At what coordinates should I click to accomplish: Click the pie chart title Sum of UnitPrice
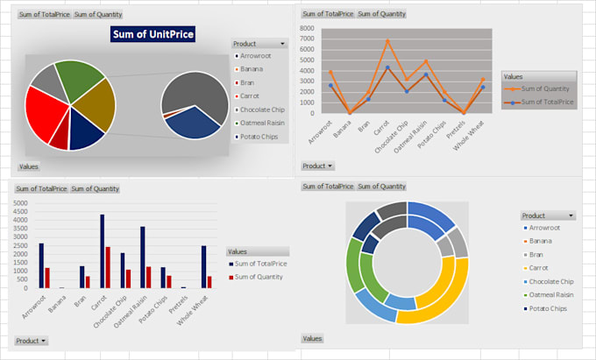click(x=153, y=34)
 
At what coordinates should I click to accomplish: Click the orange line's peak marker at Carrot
click(x=387, y=41)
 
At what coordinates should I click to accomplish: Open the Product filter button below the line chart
click(x=317, y=166)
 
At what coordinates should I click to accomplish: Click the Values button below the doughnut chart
click(x=312, y=338)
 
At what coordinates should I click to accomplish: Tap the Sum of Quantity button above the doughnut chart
click(x=381, y=187)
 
